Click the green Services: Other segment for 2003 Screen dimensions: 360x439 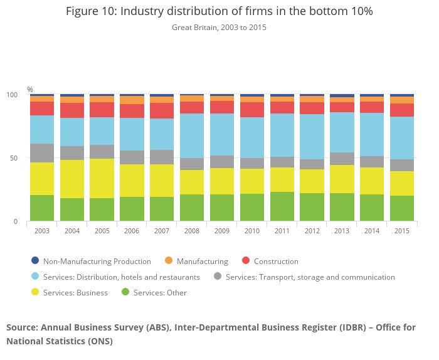click(x=42, y=208)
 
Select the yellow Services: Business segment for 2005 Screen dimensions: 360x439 click(x=102, y=178)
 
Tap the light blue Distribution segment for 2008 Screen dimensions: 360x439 click(x=192, y=135)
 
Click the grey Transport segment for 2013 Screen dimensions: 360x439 click(x=342, y=159)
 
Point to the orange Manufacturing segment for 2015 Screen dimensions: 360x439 click(x=402, y=100)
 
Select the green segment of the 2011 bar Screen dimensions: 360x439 click(x=282, y=206)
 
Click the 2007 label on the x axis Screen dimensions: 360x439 click(x=162, y=231)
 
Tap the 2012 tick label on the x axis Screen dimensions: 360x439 click(x=312, y=231)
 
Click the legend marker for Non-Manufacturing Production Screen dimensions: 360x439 click(x=35, y=261)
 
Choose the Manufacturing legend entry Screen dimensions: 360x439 click(x=202, y=261)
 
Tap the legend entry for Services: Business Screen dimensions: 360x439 click(x=75, y=292)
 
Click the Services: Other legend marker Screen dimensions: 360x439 click(x=125, y=292)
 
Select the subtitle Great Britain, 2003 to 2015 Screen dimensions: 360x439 click(x=219, y=28)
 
